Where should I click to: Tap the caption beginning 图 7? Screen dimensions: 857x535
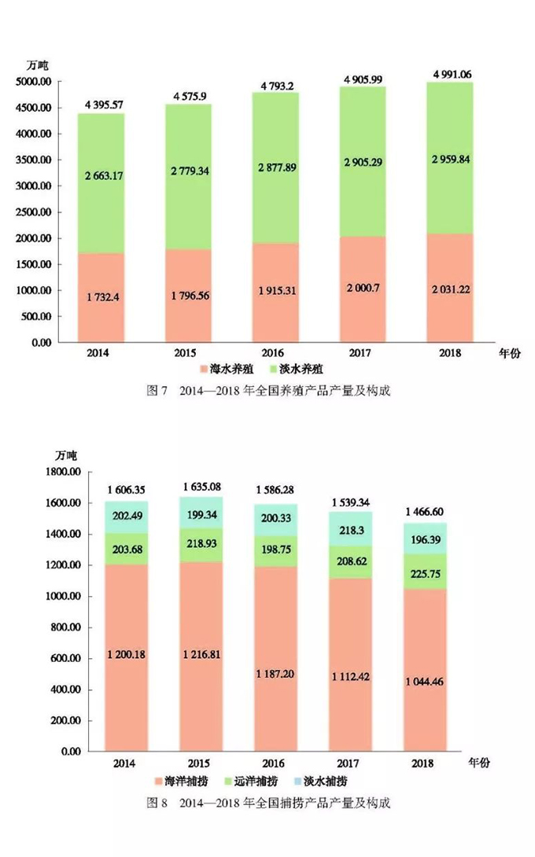[x=267, y=391]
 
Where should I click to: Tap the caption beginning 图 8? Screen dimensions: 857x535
[x=267, y=804]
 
